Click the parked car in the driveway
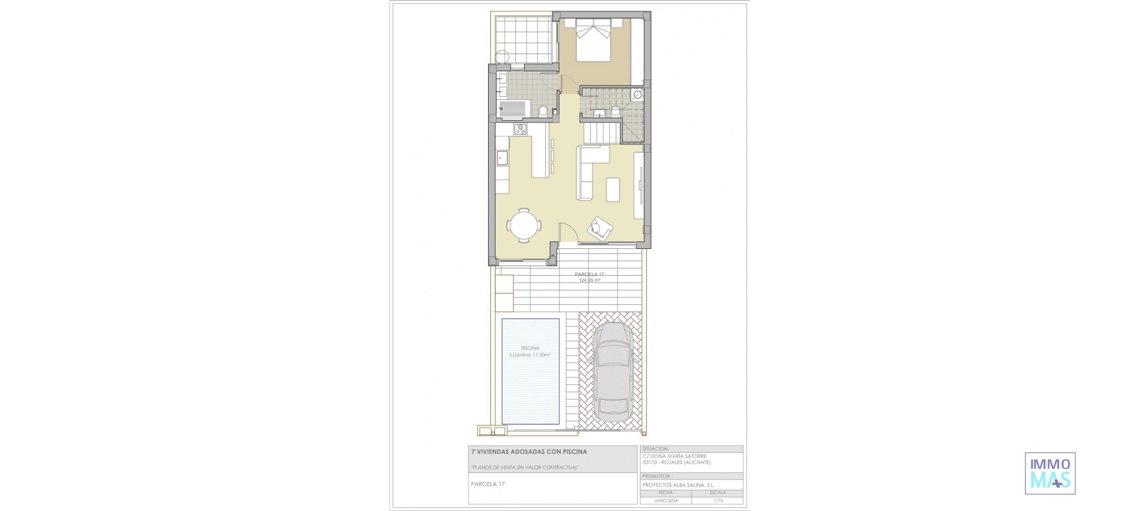(x=612, y=373)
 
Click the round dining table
(x=109, y=226)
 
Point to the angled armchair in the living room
(x=600, y=229)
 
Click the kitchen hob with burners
(x=105, y=129)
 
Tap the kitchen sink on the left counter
(x=87, y=158)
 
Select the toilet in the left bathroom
(x=127, y=111)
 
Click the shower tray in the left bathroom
(x=98, y=109)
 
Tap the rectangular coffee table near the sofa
(x=613, y=190)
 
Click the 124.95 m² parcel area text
(x=589, y=280)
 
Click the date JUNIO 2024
(x=665, y=500)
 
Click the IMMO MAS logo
(x=1050, y=473)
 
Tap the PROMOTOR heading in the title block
(x=657, y=476)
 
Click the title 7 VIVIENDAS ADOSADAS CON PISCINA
(x=528, y=452)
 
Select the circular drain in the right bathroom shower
(x=636, y=94)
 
